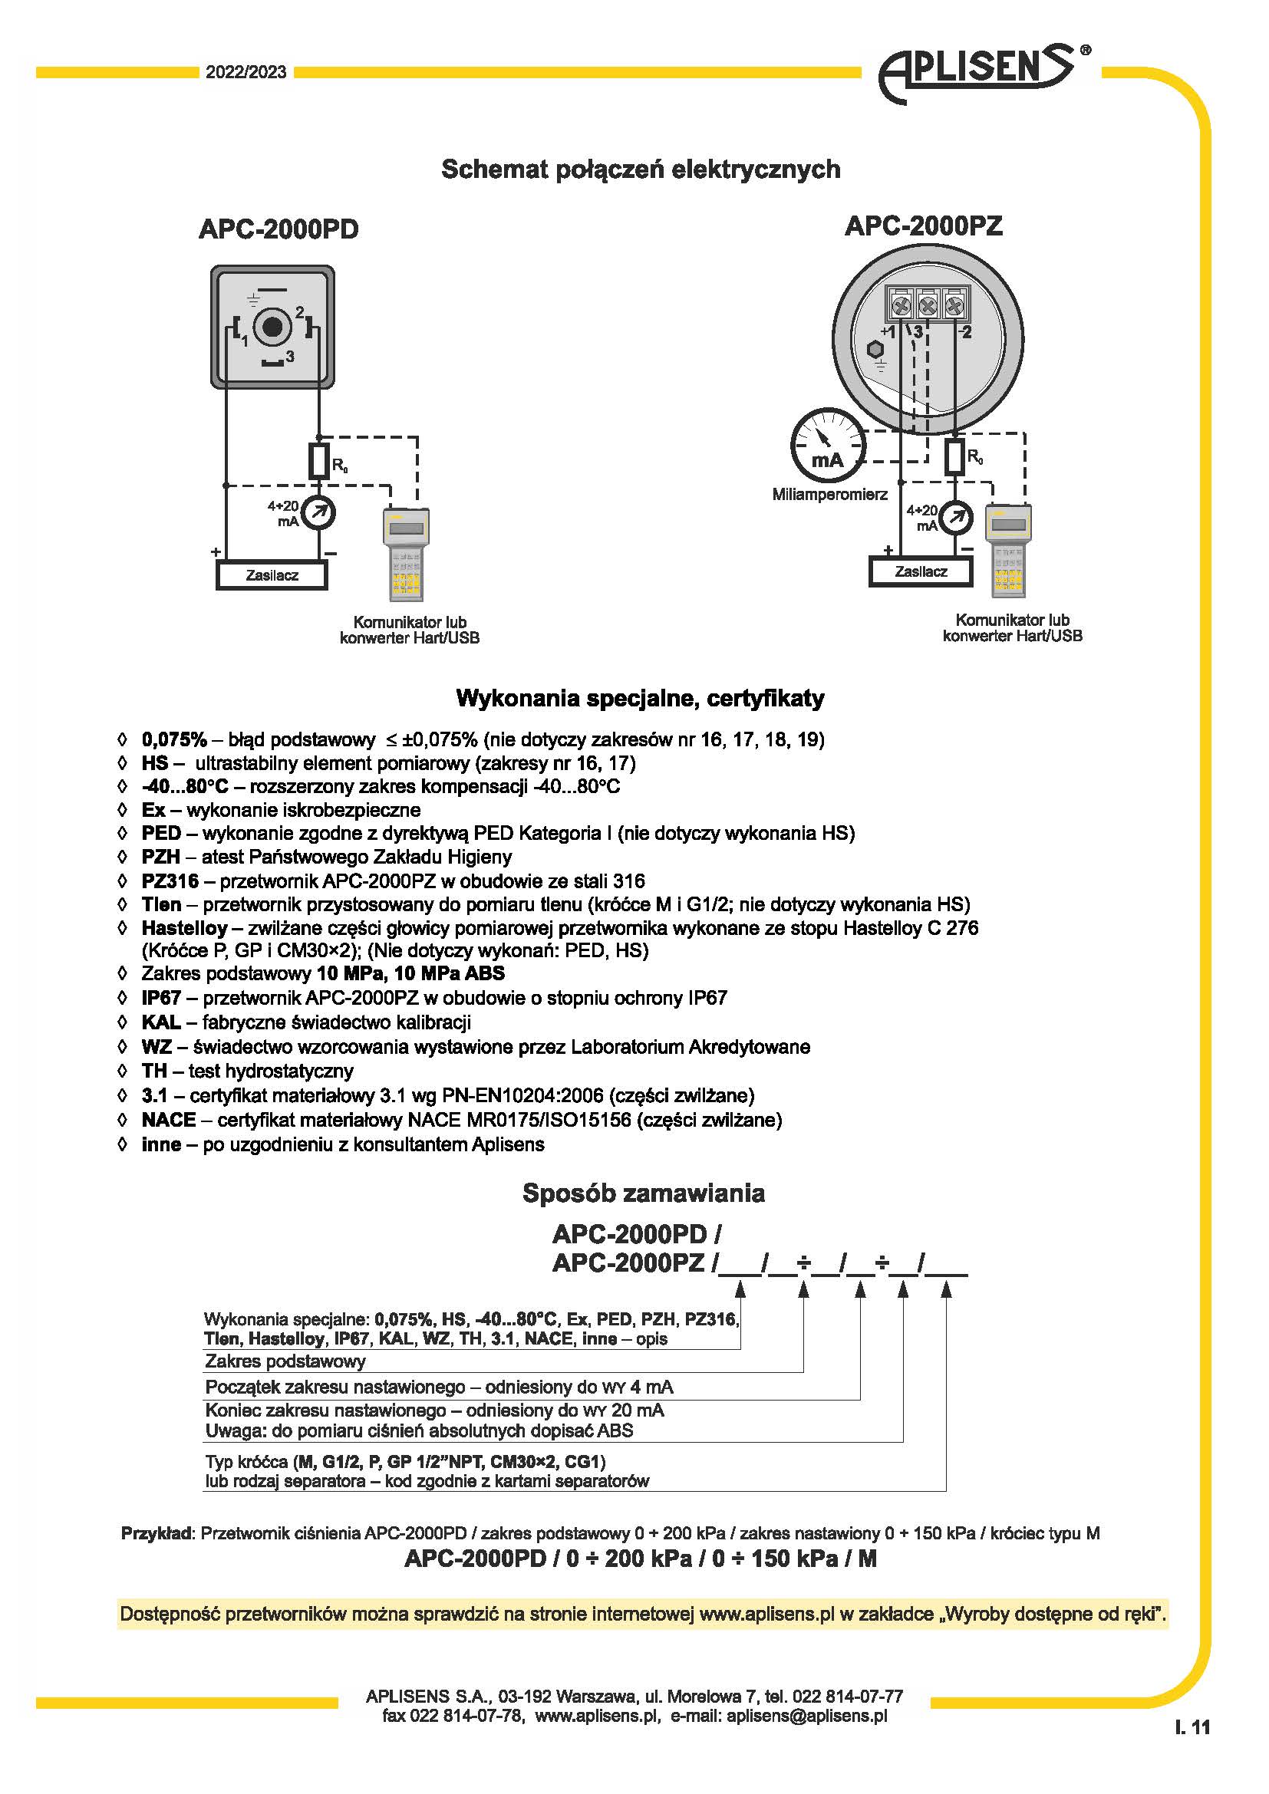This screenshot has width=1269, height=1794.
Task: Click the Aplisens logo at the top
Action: pyautogui.click(x=981, y=73)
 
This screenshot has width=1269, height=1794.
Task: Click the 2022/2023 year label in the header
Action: pyautogui.click(x=246, y=73)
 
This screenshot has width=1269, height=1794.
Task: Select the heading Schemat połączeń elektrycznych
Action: pyautogui.click(x=641, y=169)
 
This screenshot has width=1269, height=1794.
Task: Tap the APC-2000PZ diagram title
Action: pyautogui.click(x=923, y=225)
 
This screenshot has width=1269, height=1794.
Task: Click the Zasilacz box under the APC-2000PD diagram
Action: pyautogui.click(x=271, y=575)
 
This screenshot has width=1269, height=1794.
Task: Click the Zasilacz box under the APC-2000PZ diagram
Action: pyautogui.click(x=921, y=571)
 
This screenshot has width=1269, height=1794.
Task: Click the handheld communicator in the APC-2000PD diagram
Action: pyautogui.click(x=407, y=554)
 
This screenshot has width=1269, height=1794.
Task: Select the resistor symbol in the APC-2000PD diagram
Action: pyautogui.click(x=318, y=461)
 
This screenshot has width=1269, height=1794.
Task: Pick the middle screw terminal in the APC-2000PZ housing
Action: pyautogui.click(x=927, y=304)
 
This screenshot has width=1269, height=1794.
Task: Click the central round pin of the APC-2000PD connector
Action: pyautogui.click(x=272, y=327)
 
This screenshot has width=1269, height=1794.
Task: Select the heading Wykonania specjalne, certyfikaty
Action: pyautogui.click(x=639, y=698)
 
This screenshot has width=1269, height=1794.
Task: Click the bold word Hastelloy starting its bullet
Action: pyautogui.click(x=184, y=928)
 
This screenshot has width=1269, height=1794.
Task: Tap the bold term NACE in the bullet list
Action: pyautogui.click(x=169, y=1120)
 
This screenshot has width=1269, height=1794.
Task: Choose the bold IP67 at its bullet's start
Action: pyautogui.click(x=161, y=998)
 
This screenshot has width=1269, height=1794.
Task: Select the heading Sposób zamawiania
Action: pyautogui.click(x=643, y=1193)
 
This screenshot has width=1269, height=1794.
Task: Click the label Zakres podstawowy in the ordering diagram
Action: pyautogui.click(x=285, y=1361)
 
